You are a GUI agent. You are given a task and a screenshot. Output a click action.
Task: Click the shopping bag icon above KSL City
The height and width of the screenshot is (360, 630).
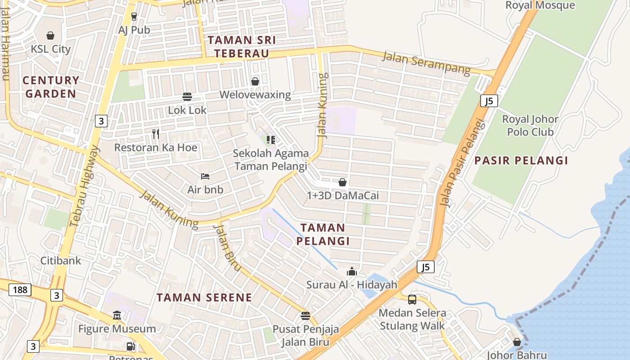(50, 35)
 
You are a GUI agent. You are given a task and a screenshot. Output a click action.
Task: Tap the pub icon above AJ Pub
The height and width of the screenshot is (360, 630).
(134, 17)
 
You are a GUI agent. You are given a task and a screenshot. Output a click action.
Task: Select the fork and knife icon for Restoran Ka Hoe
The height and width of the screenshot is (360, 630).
(156, 134)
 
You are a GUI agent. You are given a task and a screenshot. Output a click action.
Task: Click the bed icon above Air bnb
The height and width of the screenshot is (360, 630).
(205, 176)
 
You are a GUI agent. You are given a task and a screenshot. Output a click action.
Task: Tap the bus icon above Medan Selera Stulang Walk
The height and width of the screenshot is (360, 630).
(412, 299)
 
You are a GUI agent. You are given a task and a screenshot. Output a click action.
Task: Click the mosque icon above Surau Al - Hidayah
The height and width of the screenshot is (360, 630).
(351, 271)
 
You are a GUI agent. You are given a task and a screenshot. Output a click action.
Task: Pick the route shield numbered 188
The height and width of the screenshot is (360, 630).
(20, 290)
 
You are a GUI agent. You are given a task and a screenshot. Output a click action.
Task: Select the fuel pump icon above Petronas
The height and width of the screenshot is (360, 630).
(130, 346)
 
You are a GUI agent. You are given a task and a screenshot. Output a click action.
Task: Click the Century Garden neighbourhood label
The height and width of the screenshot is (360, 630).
(50, 87)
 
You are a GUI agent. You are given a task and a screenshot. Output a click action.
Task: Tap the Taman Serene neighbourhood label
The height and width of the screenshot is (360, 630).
(204, 297)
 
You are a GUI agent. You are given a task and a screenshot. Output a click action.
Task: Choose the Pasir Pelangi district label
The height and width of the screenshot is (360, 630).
(521, 161)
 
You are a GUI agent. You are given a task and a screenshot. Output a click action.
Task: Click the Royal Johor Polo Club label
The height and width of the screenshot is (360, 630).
(530, 126)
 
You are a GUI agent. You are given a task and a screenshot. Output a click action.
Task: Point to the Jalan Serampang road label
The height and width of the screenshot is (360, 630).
(426, 63)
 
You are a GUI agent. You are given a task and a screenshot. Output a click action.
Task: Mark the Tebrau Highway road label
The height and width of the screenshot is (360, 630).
(84, 185)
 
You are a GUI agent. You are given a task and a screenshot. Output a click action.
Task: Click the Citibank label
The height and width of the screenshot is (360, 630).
(61, 261)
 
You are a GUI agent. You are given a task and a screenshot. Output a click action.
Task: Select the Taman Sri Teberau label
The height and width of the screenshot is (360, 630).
(241, 47)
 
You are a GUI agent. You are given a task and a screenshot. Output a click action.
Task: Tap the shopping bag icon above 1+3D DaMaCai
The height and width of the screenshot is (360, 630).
(342, 182)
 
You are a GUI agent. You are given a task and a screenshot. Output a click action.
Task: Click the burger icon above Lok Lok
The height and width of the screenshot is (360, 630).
(187, 96)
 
